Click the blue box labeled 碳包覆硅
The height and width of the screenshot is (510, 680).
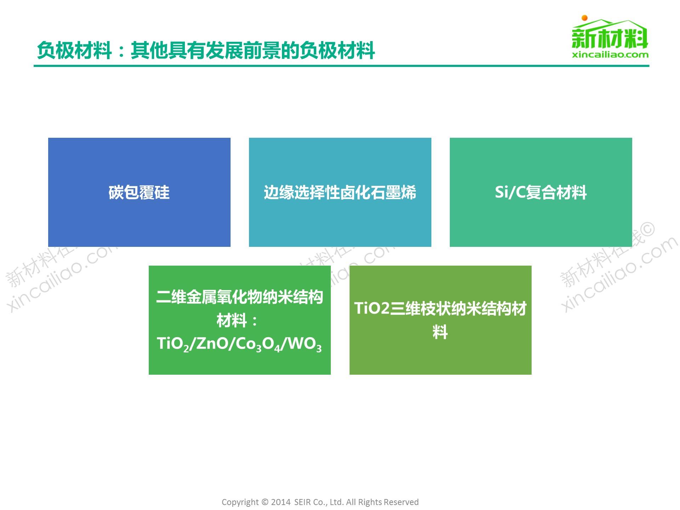coord(139,192)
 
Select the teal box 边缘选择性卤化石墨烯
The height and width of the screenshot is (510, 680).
coord(340,192)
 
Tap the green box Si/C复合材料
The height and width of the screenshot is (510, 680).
coord(541,192)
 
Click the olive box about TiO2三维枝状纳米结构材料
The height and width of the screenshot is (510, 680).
coord(440,320)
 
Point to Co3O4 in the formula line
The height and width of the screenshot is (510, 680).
coord(257,344)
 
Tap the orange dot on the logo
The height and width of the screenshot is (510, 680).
coord(585,18)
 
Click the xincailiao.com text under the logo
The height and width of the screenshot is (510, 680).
coord(610,55)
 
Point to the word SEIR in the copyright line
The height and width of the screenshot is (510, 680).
coord(302,502)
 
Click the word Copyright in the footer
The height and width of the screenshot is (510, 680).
coord(240,502)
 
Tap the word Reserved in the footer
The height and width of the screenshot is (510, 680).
coord(401,502)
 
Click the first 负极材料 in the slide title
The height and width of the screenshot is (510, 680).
coord(74,50)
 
